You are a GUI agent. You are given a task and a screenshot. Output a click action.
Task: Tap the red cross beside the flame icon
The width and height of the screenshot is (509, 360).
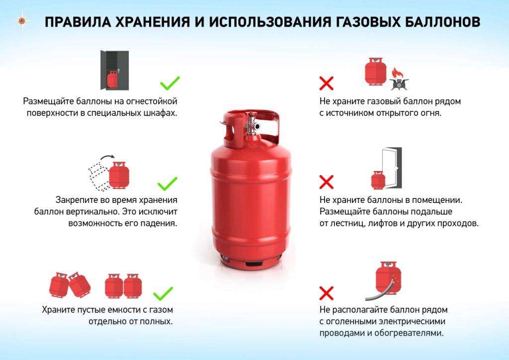(326, 83)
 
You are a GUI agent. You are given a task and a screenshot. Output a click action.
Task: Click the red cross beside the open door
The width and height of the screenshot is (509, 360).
(326, 181)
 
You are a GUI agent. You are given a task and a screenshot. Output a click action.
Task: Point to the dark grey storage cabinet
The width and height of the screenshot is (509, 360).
(114, 70)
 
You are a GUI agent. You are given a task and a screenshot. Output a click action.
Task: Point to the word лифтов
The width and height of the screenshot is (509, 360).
(382, 223)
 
